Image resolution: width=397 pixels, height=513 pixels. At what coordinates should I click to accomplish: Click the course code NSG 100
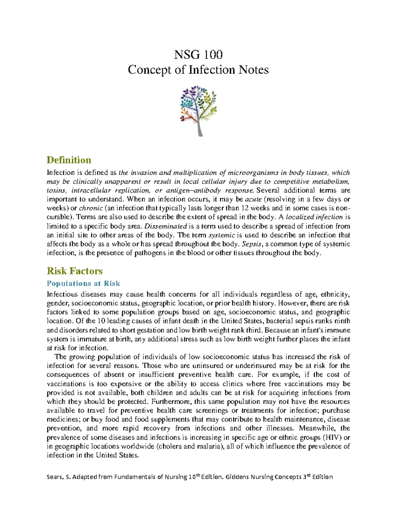[x=198, y=54]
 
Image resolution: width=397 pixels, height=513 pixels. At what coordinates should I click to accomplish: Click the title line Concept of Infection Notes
[x=198, y=70]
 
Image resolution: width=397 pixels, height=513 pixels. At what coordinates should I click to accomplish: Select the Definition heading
[x=69, y=160]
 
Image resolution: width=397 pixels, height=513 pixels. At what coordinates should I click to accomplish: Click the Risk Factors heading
[x=74, y=271]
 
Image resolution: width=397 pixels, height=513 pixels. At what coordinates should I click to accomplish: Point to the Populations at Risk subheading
[x=83, y=283]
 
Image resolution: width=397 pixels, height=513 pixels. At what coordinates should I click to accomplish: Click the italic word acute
[x=253, y=199]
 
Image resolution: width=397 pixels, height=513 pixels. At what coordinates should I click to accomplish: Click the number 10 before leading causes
[x=101, y=321]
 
